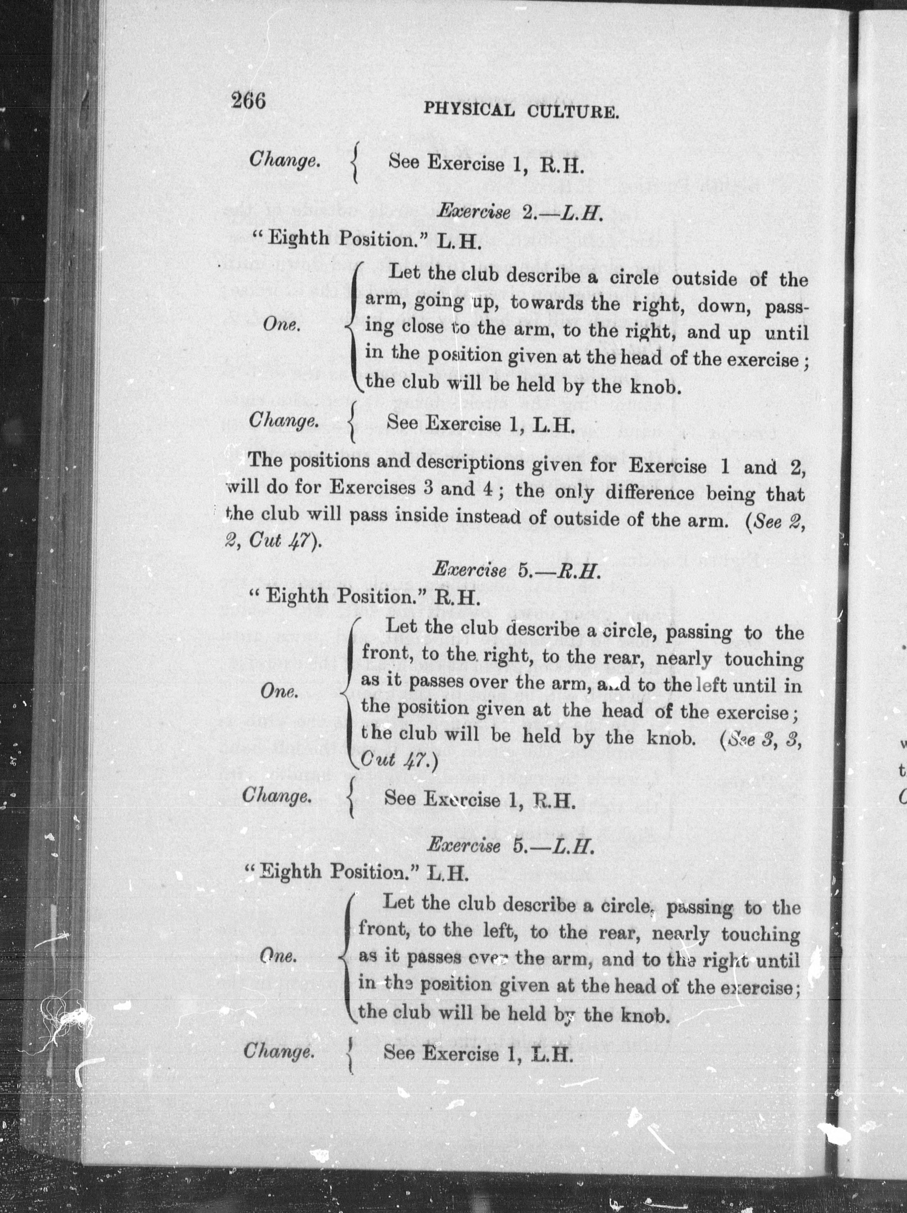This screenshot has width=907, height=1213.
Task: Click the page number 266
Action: (248, 101)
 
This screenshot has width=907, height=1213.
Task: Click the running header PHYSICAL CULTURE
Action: (521, 111)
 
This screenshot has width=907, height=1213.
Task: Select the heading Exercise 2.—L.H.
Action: (519, 213)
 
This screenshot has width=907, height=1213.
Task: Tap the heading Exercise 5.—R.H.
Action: (517, 570)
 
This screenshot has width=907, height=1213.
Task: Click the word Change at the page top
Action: (284, 160)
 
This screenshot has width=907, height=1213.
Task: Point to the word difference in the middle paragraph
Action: (649, 493)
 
